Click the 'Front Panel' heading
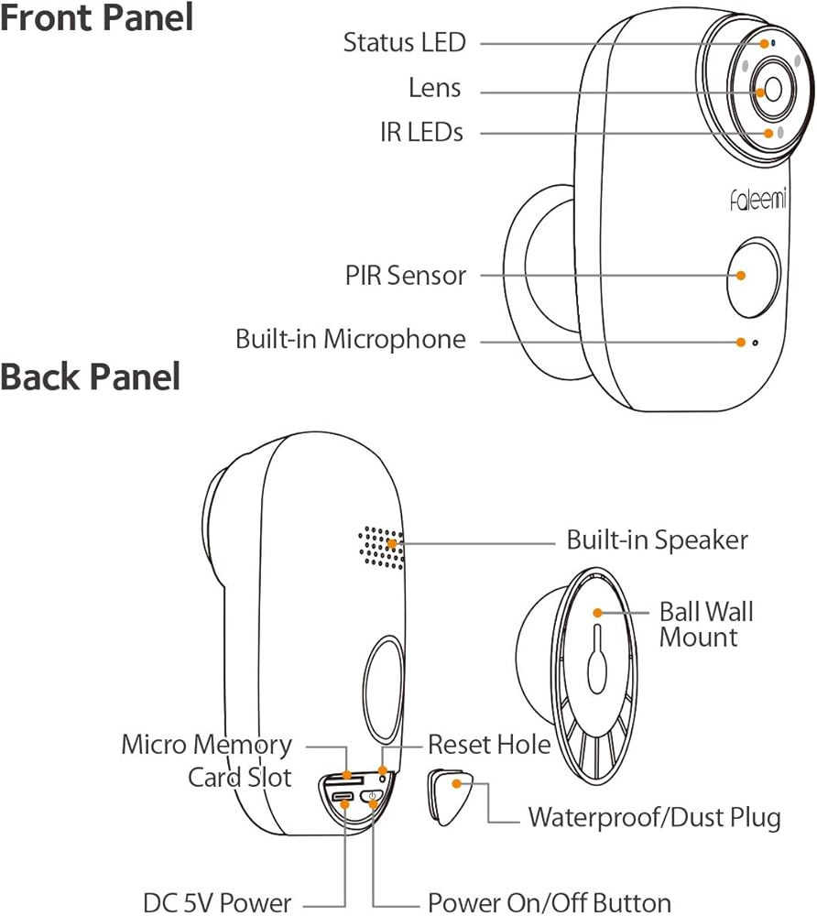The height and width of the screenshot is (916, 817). (x=96, y=17)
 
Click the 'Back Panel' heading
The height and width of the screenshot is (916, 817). (x=91, y=376)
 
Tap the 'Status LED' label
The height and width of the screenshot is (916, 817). (x=404, y=42)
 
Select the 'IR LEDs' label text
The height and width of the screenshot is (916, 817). (x=421, y=133)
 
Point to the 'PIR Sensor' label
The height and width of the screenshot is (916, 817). (x=406, y=275)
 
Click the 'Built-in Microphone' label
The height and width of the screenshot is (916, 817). (x=351, y=340)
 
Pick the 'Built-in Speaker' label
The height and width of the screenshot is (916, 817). (x=657, y=540)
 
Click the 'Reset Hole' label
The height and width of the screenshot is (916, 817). (x=489, y=744)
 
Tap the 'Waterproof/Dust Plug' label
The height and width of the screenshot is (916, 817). (x=654, y=817)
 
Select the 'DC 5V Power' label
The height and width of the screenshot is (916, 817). (x=217, y=901)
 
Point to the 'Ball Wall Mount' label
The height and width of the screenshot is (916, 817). (x=706, y=624)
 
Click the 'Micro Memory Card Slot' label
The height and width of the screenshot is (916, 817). (x=207, y=760)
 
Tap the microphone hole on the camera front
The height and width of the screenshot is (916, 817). (x=755, y=343)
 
